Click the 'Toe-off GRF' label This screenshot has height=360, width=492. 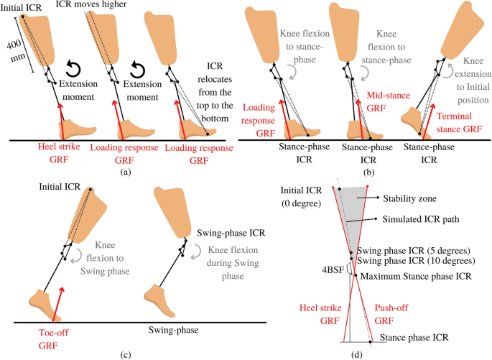coord(52,330)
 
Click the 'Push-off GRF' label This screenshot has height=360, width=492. coord(399,313)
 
